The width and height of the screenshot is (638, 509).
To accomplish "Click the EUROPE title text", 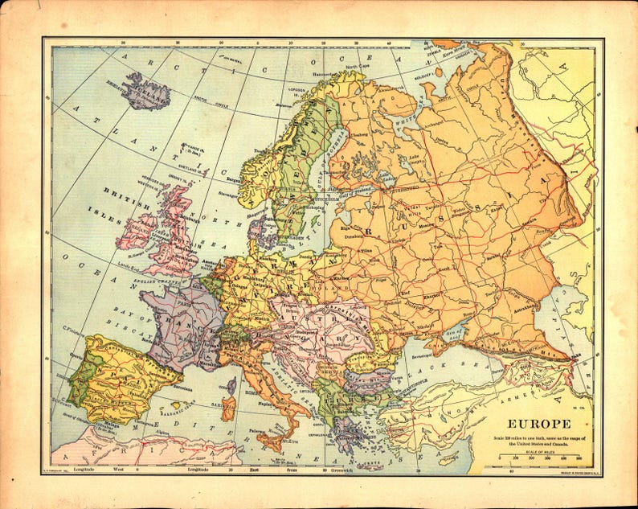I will [x=538, y=424].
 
